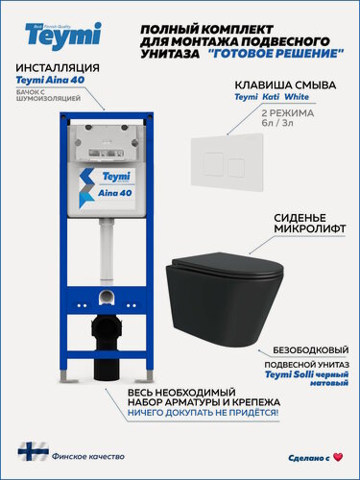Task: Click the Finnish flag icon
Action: pos(29,450)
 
